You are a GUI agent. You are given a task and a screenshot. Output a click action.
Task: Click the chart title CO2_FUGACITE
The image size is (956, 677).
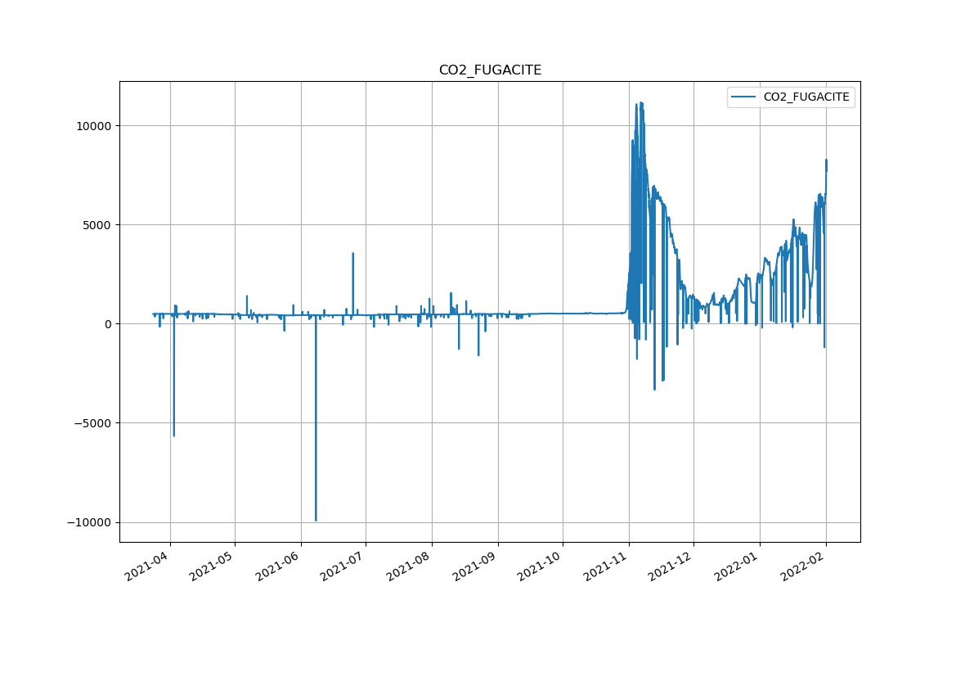[x=490, y=70]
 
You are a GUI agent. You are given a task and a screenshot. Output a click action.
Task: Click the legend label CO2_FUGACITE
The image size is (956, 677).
[x=806, y=97]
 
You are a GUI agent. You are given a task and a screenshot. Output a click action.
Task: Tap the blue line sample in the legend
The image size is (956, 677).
[x=743, y=97]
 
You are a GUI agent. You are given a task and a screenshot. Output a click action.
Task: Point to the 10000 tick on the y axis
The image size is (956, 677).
[x=92, y=125]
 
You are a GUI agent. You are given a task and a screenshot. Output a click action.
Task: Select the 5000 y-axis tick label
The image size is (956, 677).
[x=96, y=224]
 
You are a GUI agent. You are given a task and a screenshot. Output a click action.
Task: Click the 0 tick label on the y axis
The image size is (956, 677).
[x=106, y=324]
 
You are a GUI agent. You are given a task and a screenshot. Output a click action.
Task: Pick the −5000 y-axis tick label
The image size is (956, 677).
[x=92, y=423]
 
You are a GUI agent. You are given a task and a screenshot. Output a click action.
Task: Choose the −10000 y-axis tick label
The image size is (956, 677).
[x=88, y=522]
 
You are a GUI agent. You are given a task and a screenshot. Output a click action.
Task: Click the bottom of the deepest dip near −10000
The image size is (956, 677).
[x=316, y=520]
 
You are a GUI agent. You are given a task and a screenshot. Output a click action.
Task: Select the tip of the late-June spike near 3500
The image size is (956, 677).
[x=352, y=253]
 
